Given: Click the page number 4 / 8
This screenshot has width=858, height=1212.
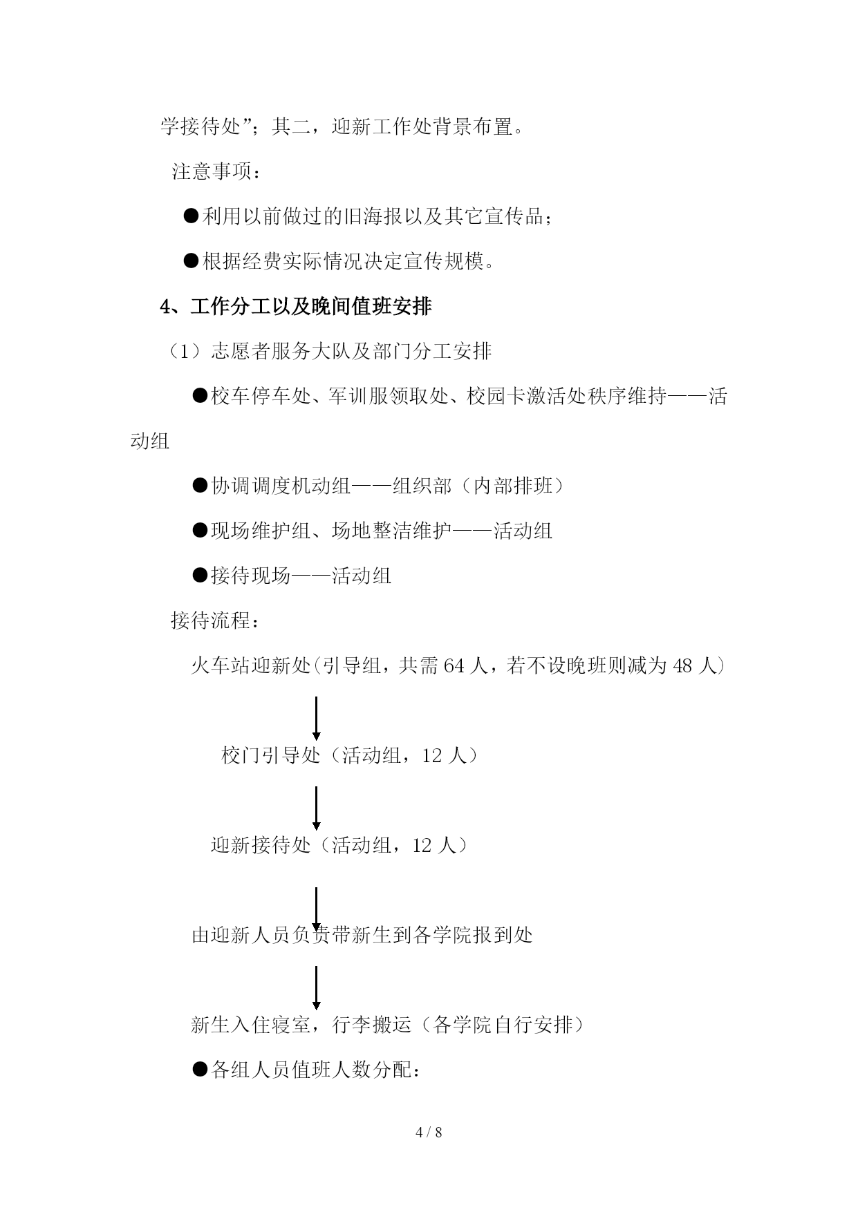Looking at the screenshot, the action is [x=429, y=1132].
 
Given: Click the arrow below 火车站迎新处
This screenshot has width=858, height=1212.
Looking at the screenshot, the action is [x=317, y=718].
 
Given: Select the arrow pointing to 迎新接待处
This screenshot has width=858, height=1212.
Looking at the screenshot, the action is [x=317, y=808].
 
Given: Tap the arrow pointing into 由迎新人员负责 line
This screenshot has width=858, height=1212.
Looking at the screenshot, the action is [x=317, y=909].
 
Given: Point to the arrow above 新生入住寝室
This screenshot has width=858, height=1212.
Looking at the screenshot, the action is [x=317, y=988].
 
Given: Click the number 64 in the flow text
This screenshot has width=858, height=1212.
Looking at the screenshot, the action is [x=453, y=666].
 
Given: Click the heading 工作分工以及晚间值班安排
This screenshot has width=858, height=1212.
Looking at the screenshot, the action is [x=311, y=307].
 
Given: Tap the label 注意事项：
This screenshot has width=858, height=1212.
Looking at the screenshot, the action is [x=216, y=171].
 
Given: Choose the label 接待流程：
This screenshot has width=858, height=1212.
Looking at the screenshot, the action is [x=216, y=621].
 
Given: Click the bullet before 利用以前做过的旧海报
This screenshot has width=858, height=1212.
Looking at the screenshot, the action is [x=191, y=216].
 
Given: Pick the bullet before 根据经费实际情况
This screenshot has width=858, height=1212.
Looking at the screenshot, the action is [x=191, y=261].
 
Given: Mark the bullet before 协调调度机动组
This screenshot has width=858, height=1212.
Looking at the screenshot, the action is [x=200, y=486].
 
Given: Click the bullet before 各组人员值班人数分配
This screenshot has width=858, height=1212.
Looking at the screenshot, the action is [x=200, y=1070].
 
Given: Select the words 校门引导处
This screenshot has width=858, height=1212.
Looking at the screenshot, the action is [x=271, y=755].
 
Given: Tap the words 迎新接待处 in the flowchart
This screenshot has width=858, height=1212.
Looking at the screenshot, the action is [x=261, y=845].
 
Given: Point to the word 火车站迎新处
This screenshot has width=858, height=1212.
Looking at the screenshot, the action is [x=251, y=666].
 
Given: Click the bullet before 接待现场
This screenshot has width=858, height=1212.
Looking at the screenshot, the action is [x=200, y=575].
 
